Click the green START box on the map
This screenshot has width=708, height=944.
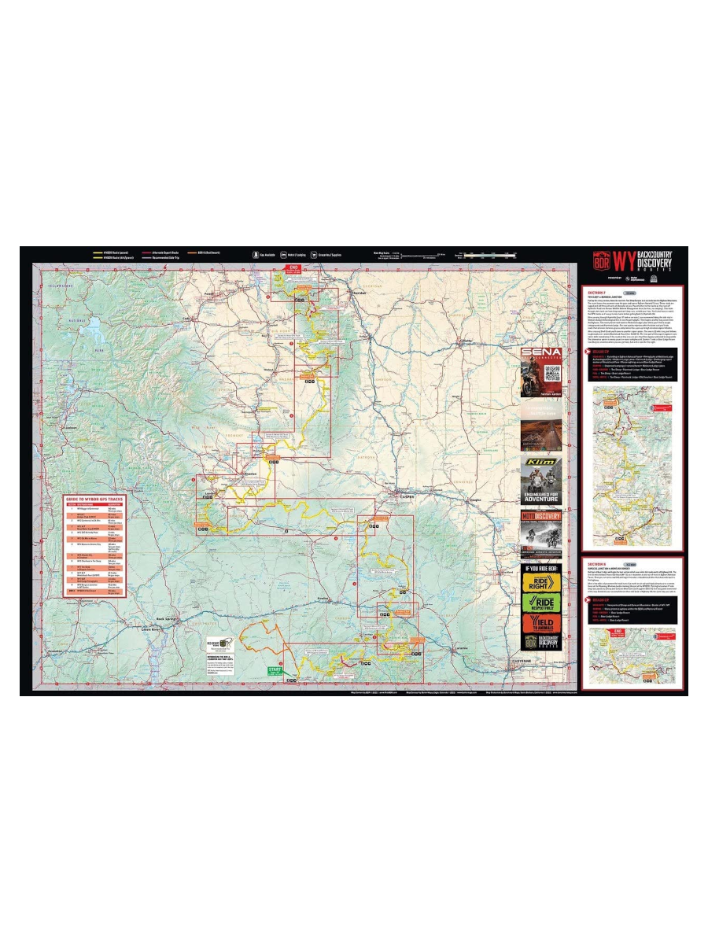pyautogui.click(x=274, y=670)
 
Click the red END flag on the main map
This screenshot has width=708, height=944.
pyautogui.click(x=294, y=268)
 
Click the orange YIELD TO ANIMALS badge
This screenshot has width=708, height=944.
pyautogui.click(x=540, y=624)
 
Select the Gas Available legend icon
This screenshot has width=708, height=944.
pyautogui.click(x=256, y=255)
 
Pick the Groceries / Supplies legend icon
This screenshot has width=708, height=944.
pyautogui.click(x=313, y=255)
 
